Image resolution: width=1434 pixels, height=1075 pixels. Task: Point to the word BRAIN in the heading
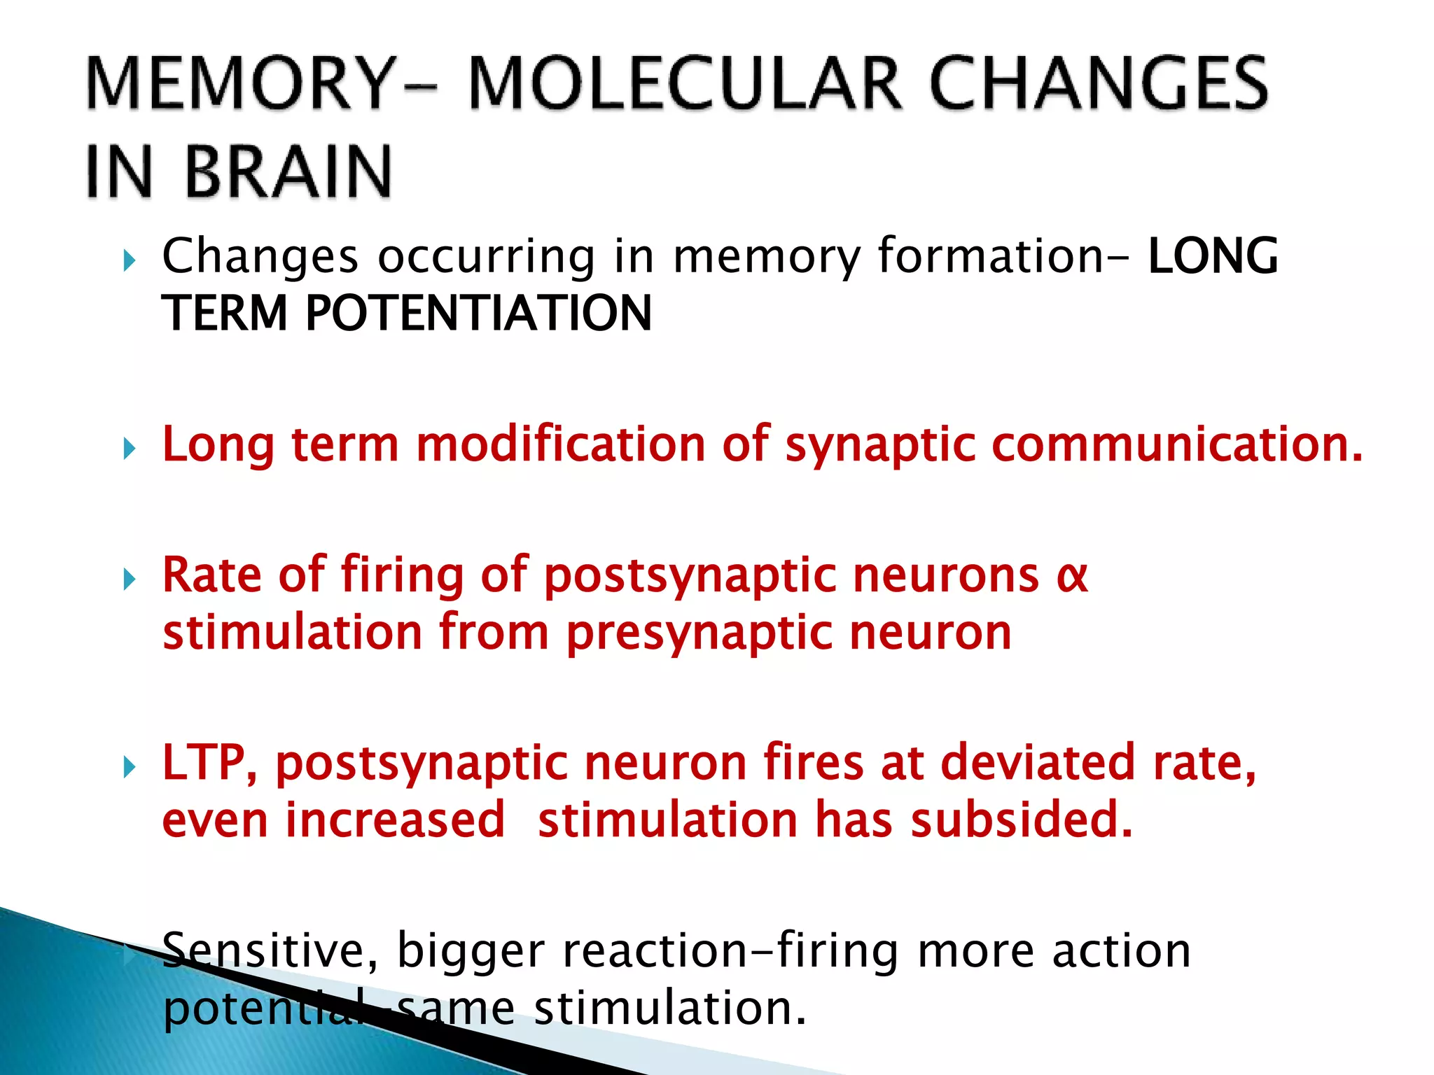click(x=288, y=172)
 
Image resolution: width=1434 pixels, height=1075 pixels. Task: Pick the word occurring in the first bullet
click(x=487, y=257)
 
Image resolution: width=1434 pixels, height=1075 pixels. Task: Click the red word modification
click(x=561, y=444)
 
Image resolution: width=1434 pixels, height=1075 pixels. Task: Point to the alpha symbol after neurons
click(x=1072, y=576)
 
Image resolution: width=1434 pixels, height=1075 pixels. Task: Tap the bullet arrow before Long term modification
click(x=130, y=449)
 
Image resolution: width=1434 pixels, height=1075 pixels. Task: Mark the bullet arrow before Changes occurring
click(x=130, y=261)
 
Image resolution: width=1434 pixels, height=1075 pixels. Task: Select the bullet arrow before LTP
click(x=130, y=767)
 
